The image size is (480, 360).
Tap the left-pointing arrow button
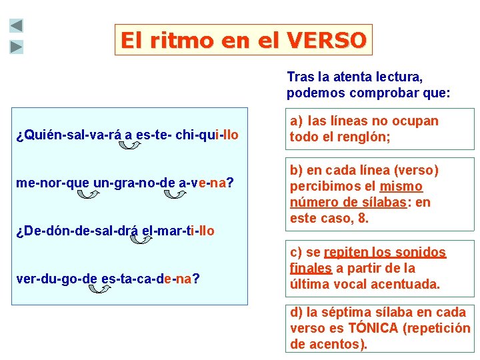pos(17,26)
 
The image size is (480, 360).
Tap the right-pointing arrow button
pos(17,47)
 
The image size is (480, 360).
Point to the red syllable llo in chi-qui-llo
pos(231,135)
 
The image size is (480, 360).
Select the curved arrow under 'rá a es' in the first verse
pos(129,145)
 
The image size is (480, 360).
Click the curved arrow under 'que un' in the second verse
pos(87,194)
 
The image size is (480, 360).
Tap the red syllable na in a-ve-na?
pos(217,183)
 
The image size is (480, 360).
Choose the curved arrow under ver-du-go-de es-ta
pos(99,289)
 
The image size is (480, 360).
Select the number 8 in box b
pos(363,217)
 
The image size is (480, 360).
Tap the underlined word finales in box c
pos(311,268)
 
